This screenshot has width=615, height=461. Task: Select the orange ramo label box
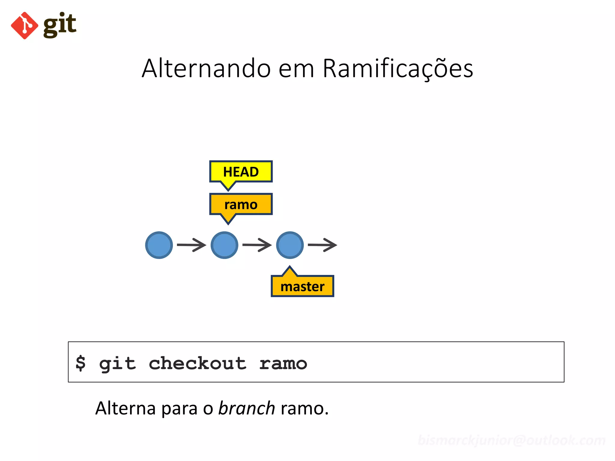tap(241, 205)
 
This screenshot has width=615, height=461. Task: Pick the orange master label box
tap(302, 287)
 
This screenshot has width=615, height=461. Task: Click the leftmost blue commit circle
tap(159, 245)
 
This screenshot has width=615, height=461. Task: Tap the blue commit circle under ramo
tap(224, 245)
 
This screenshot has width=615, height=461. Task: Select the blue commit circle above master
tap(290, 245)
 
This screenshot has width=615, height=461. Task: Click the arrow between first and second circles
tap(192, 245)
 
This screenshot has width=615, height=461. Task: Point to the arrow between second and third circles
tap(257, 245)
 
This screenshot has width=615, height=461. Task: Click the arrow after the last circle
tap(323, 245)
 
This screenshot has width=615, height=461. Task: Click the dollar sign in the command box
tap(80, 363)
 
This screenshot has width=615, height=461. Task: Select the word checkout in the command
tap(197, 363)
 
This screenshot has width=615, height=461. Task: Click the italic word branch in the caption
tap(246, 408)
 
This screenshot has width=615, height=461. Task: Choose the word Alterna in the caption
tap(126, 408)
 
